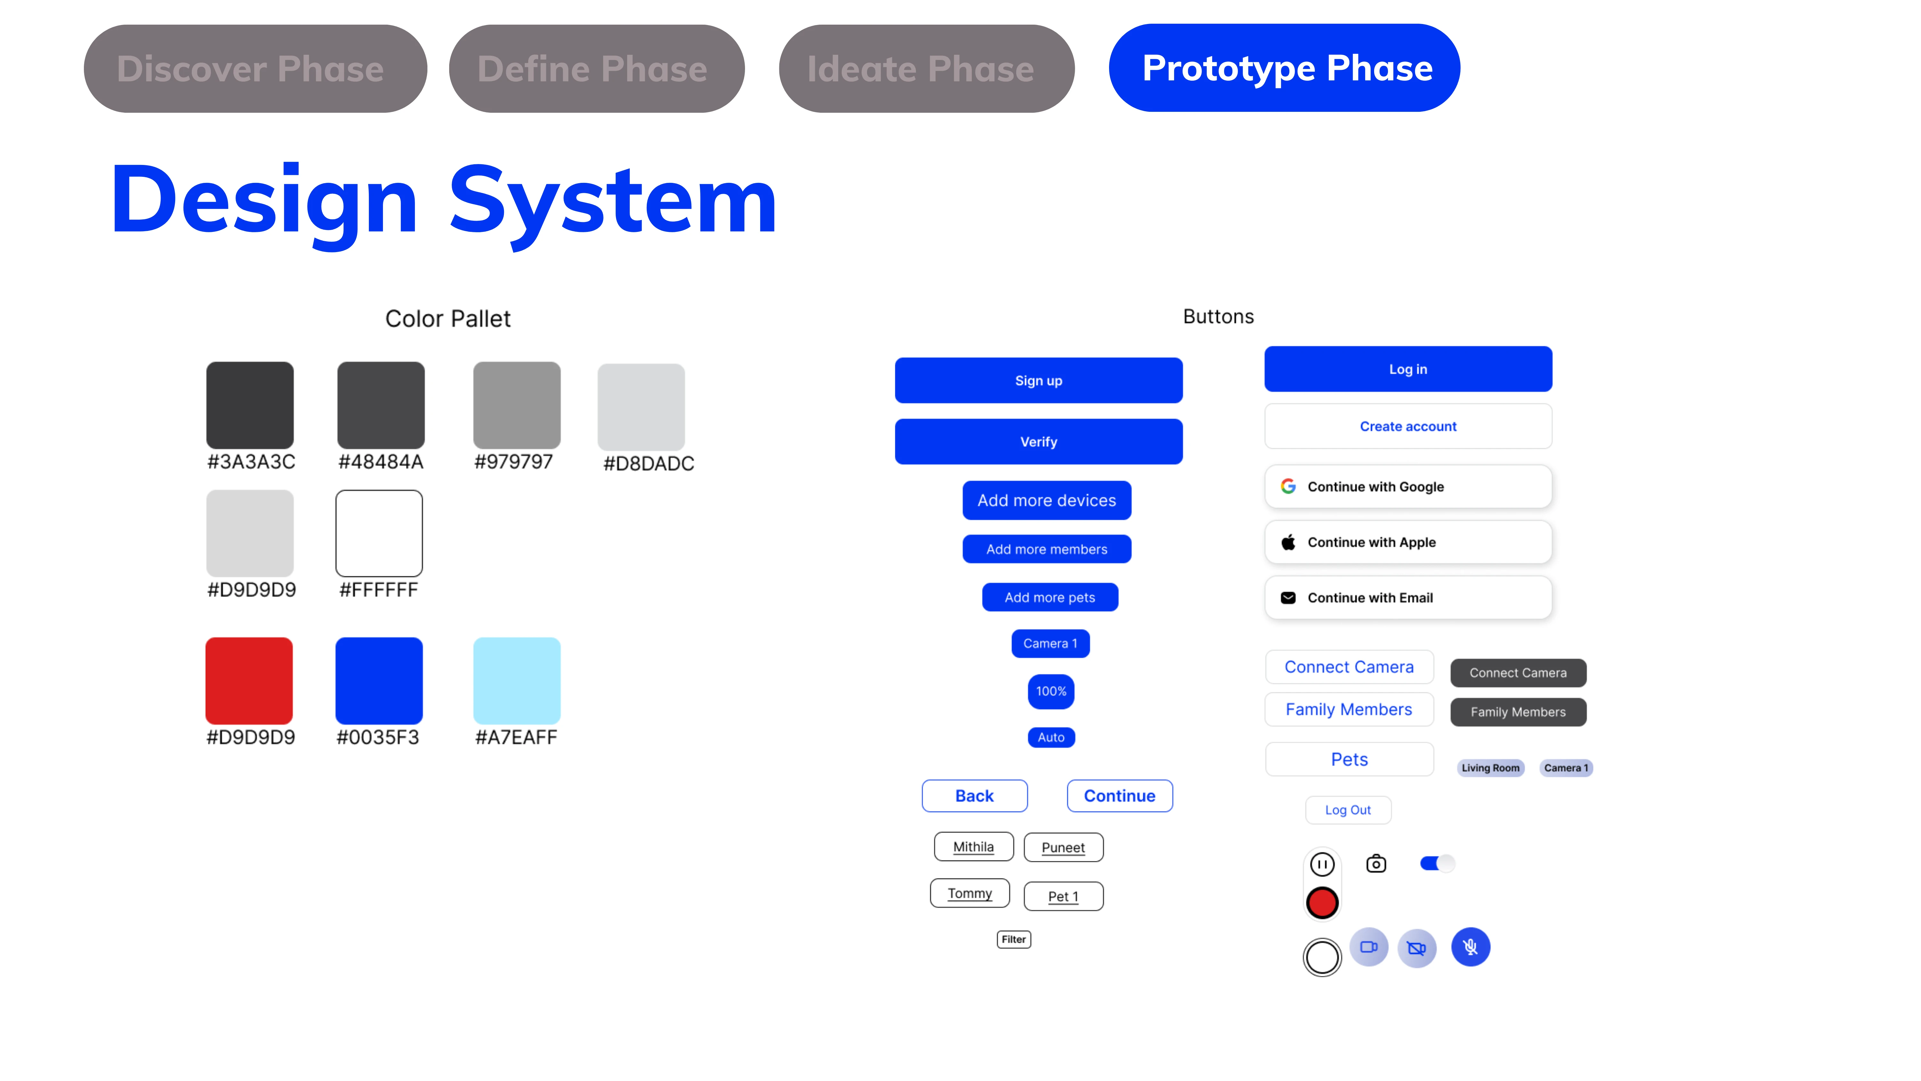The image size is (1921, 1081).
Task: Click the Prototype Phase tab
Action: [1284, 68]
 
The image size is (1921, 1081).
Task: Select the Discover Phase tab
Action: [255, 69]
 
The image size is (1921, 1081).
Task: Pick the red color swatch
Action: [249, 680]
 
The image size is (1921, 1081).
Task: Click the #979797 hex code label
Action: [514, 462]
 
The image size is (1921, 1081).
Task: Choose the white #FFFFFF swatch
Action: [379, 533]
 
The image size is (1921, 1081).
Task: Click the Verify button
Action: [1039, 442]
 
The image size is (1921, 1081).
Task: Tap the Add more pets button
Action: [1050, 597]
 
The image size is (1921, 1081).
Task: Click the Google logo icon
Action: [1288, 487]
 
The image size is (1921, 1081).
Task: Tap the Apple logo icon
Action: [1288, 542]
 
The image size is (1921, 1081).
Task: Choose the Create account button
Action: [1408, 426]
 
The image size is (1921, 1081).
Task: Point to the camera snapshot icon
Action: [1376, 864]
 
